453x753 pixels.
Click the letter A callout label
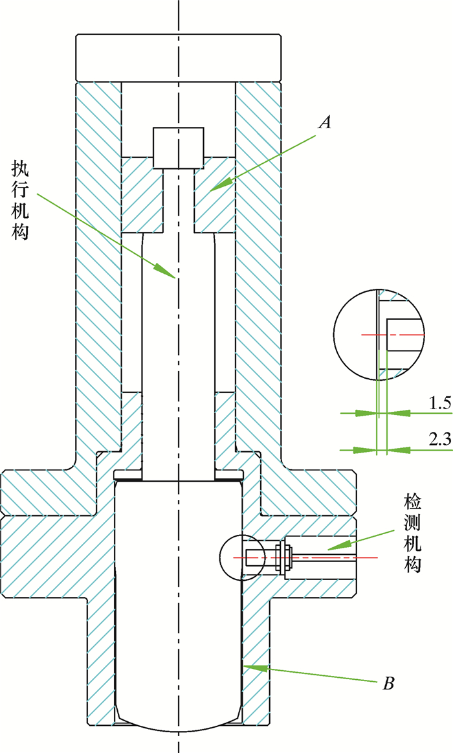[326, 121]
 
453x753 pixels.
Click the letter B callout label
[389, 682]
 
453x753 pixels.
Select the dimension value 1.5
[438, 403]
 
